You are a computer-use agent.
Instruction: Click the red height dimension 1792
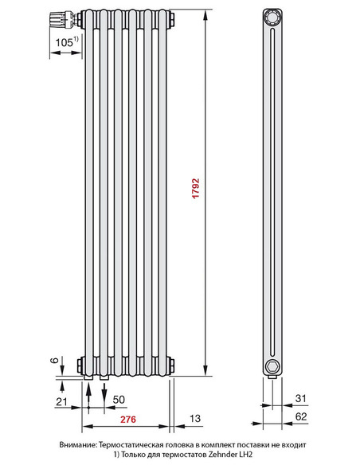pos(196,192)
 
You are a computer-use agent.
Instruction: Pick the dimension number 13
pos(194,419)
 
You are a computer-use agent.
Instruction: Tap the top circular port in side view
pos(273,17)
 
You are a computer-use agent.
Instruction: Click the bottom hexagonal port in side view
pos(273,365)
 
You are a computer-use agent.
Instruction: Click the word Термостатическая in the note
pos(139,444)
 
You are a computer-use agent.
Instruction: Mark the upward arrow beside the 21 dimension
pos(89,391)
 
